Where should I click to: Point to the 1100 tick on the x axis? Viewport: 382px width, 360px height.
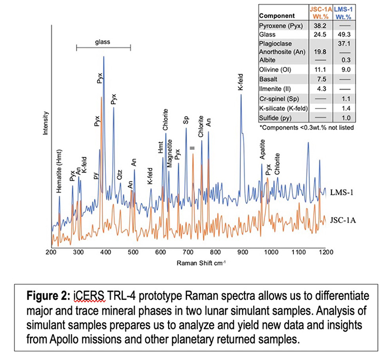[x=297, y=252]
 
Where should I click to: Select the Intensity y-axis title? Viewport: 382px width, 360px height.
[x=46, y=123]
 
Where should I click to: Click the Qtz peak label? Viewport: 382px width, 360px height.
[x=120, y=175]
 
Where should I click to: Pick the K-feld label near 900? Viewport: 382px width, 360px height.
[x=241, y=82]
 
